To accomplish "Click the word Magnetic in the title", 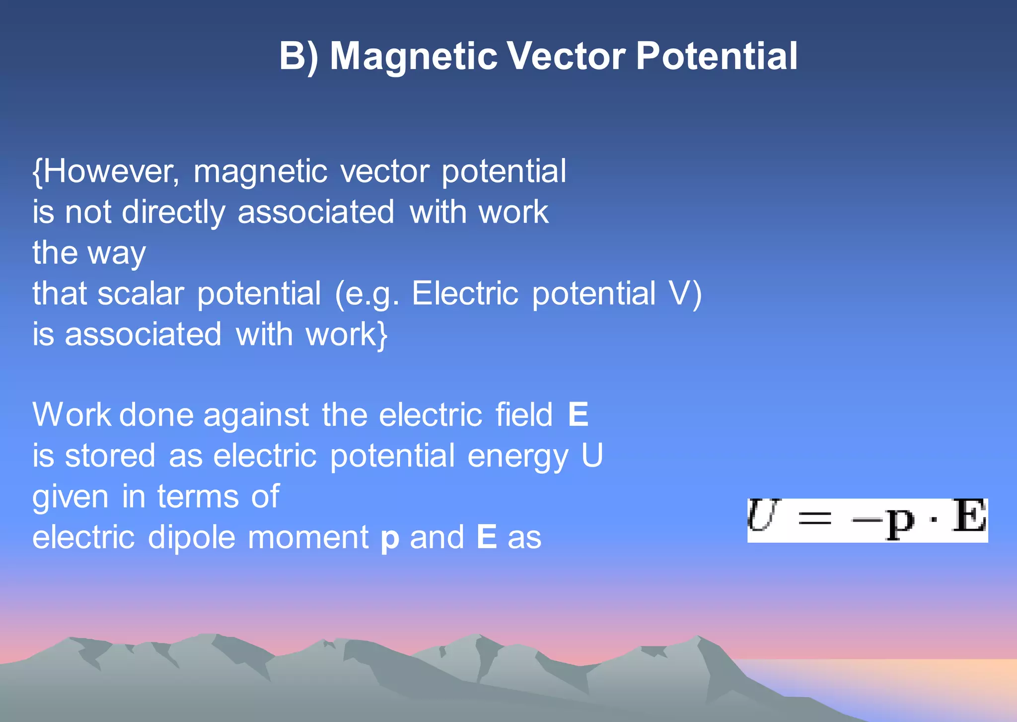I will tap(413, 56).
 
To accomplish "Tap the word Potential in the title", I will tap(717, 56).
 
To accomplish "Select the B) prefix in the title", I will tap(298, 56).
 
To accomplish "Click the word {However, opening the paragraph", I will tap(106, 171).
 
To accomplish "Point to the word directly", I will tap(173, 213).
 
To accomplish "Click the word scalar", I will tap(141, 293).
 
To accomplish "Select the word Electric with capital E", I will tap(465, 293).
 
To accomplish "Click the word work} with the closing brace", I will tap(347, 334).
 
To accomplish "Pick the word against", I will tap(256, 415).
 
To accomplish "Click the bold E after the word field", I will tap(578, 415).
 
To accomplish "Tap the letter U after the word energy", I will tap(592, 456).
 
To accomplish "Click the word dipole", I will tap(191, 538).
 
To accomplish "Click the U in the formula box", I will tap(761, 517).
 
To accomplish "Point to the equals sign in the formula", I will tap(814, 520).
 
